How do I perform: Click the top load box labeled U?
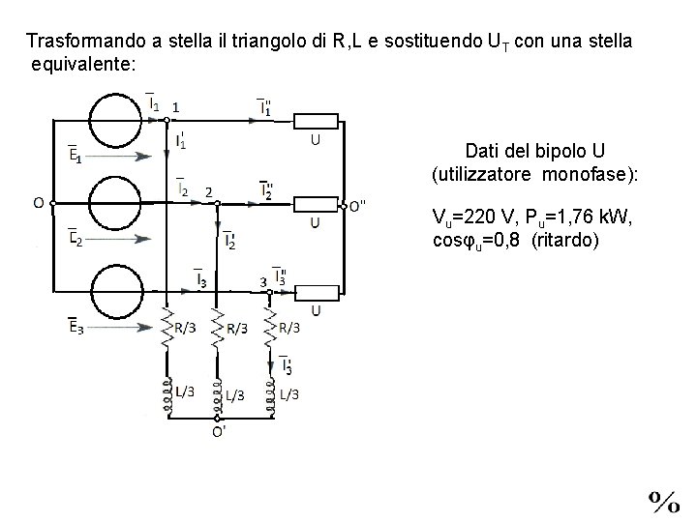317,121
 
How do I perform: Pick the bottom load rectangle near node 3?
317,290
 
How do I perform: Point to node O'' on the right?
344,204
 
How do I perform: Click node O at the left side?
52,203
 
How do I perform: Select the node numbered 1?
167,120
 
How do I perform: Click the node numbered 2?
217,204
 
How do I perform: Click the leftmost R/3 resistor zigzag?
167,328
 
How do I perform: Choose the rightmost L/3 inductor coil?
268,396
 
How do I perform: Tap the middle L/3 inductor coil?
217,396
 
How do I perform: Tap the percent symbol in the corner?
663,500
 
